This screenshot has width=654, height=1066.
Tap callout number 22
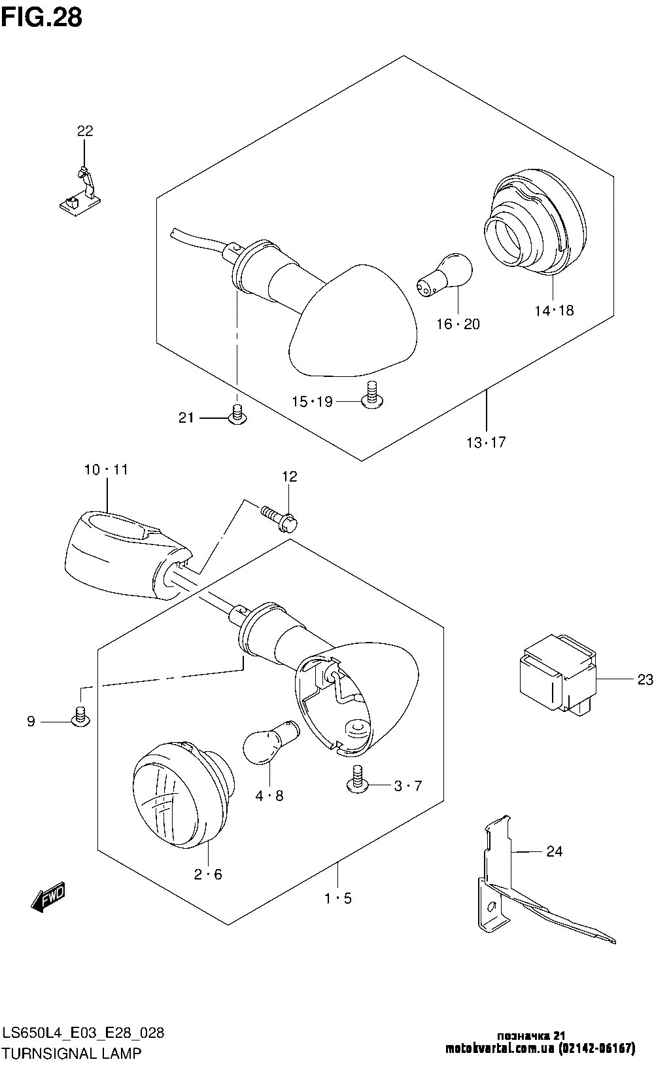tap(85, 130)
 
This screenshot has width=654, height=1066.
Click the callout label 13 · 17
tap(486, 442)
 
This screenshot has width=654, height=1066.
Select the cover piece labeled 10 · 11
tap(127, 553)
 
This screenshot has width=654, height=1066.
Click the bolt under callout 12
tap(279, 518)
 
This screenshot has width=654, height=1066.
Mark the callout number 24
tap(554, 851)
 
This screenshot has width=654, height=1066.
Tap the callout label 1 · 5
tap(337, 898)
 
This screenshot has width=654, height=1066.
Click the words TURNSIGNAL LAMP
tap(72, 1053)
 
